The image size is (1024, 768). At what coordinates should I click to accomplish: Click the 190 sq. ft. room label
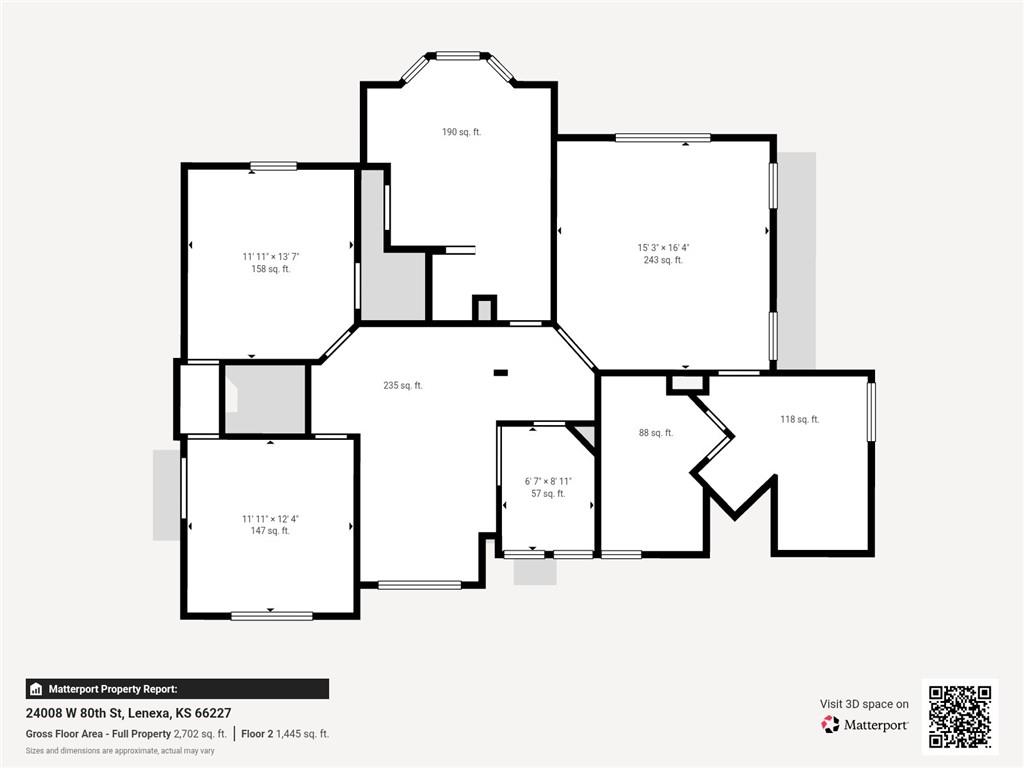(461, 132)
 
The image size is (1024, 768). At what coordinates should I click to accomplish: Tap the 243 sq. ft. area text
(663, 260)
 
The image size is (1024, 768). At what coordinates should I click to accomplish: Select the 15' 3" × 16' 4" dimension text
(663, 248)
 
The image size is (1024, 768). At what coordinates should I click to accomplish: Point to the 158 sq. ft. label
(270, 269)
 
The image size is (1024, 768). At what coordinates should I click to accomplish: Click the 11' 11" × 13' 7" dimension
(270, 257)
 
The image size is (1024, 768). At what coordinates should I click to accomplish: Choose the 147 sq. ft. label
(270, 531)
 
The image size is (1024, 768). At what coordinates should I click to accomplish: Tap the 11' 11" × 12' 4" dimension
(270, 519)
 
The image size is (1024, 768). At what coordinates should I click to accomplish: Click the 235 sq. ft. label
(402, 385)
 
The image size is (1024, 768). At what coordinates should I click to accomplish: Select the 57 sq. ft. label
(548, 494)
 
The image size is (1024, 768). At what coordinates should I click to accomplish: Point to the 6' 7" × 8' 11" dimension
(548, 481)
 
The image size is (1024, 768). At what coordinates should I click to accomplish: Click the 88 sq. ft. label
(656, 432)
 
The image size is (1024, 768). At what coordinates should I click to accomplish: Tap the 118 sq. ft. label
(799, 419)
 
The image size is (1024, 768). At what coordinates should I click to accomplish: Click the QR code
(960, 716)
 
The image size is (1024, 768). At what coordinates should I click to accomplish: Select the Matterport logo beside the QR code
(865, 725)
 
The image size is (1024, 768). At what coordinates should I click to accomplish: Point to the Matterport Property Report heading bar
(177, 689)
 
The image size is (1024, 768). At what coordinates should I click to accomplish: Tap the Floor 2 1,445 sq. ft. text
(285, 734)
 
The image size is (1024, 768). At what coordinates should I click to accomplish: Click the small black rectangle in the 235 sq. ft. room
(500, 373)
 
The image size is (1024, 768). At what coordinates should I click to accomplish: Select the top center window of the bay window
(458, 56)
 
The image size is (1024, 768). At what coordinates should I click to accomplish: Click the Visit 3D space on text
(864, 704)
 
